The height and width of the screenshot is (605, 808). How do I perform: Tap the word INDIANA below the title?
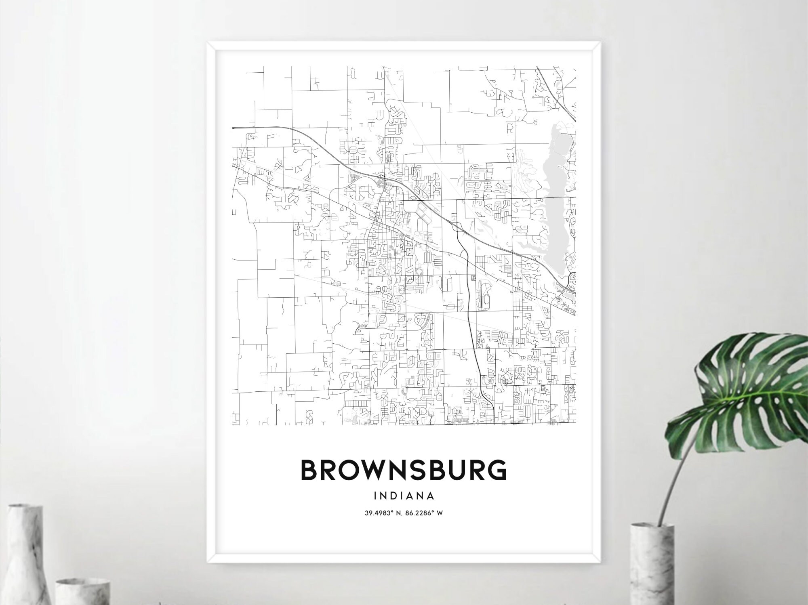404,495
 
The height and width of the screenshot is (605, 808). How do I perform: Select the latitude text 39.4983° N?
383,513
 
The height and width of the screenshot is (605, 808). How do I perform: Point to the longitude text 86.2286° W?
427,513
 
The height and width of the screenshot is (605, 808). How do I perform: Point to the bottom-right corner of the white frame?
600,562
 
